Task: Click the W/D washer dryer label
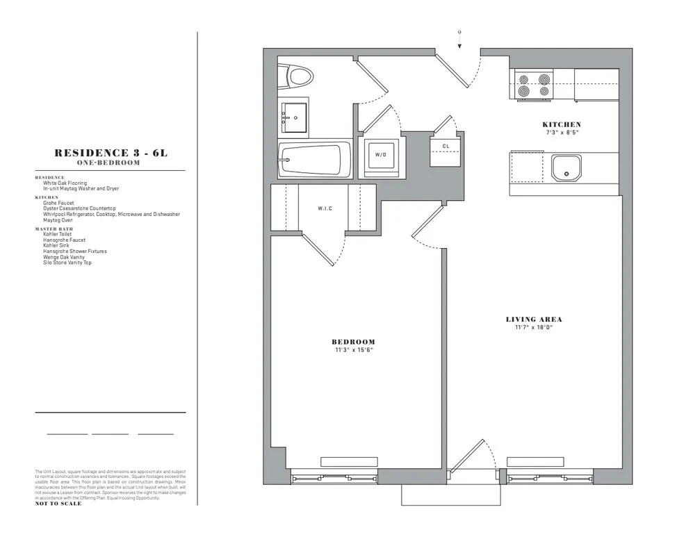coord(380,154)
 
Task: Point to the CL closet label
coord(445,146)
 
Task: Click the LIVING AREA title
coord(534,320)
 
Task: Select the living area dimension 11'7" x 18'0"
coord(534,327)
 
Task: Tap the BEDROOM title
coord(353,342)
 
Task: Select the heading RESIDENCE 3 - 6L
coord(111,154)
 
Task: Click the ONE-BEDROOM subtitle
coord(111,163)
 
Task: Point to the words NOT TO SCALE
coord(58,504)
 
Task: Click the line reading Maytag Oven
coord(58,220)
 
